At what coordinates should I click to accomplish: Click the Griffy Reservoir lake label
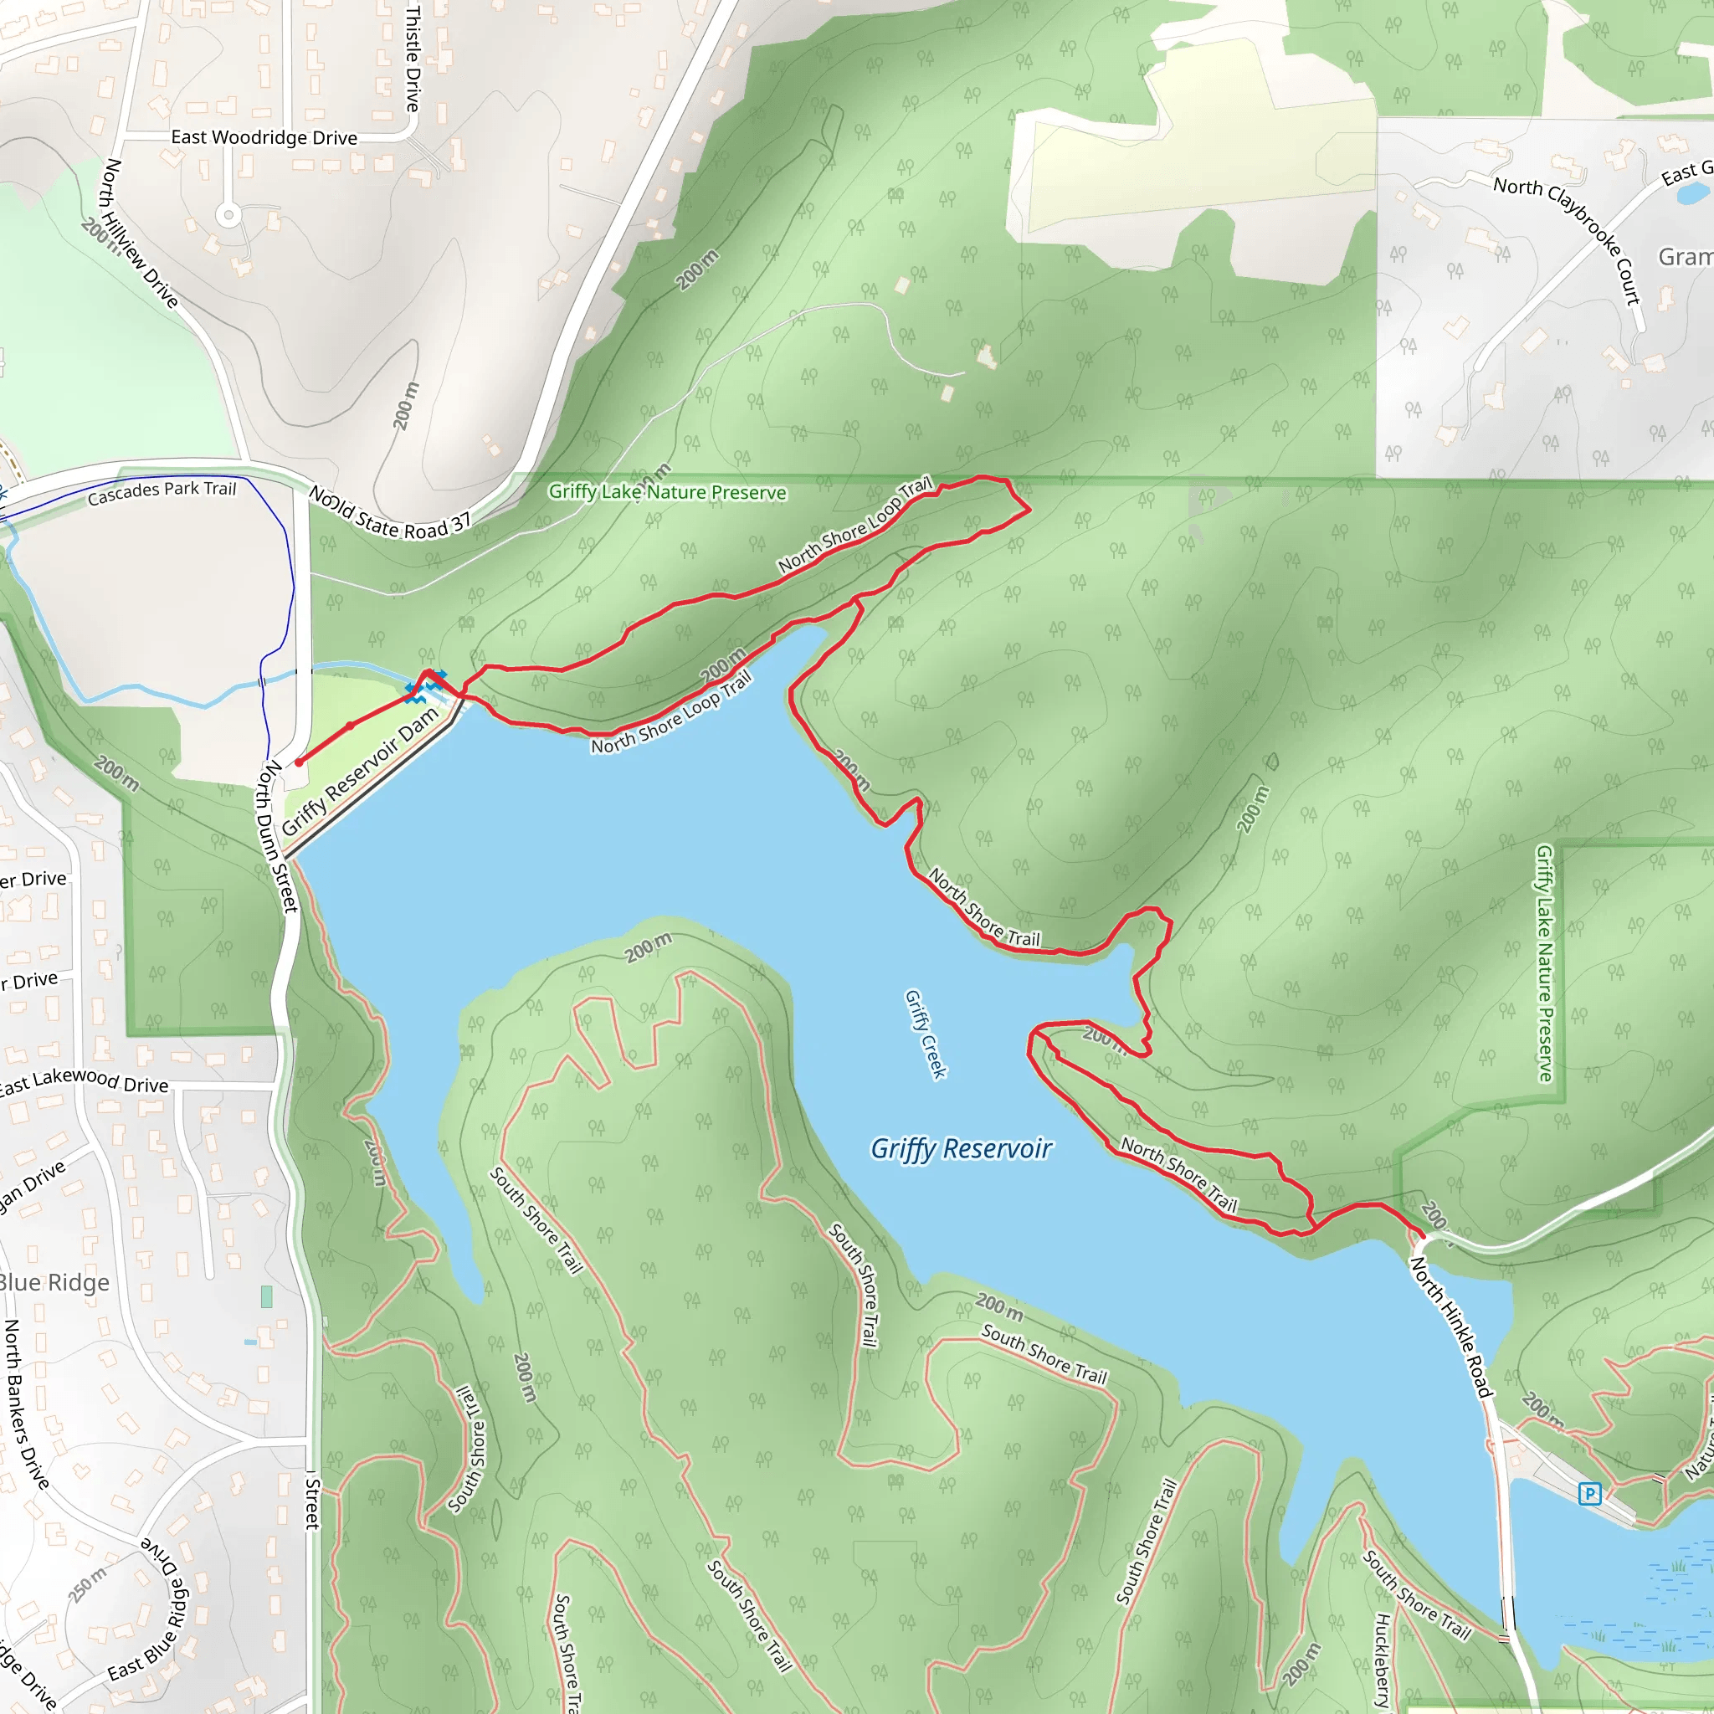[x=961, y=1149]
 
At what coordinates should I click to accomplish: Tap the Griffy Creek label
[x=926, y=1034]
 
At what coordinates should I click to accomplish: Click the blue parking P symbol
[x=1589, y=1494]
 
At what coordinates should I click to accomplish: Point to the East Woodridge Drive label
[x=264, y=137]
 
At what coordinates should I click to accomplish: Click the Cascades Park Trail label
[x=162, y=492]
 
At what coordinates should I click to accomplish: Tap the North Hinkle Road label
[x=1450, y=1328]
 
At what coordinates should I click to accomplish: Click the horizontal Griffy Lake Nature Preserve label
[x=667, y=492]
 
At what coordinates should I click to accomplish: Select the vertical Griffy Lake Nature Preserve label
[x=1545, y=963]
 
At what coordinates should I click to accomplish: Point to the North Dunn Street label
[x=277, y=836]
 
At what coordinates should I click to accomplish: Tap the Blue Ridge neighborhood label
[x=54, y=1283]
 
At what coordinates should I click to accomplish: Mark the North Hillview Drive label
[x=140, y=233]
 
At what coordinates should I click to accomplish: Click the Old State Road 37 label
[x=389, y=514]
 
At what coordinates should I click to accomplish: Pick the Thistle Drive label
[x=413, y=59]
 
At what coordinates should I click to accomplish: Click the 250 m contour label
[x=87, y=1583]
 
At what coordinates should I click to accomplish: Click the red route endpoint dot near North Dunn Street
[x=299, y=762]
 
